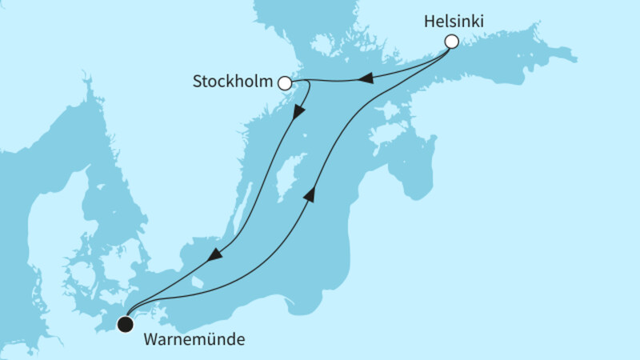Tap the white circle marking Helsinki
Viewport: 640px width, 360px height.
(x=452, y=41)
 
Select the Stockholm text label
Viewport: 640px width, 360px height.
(x=235, y=82)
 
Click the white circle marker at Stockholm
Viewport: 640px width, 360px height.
(x=285, y=82)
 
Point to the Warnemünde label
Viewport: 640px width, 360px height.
(x=194, y=338)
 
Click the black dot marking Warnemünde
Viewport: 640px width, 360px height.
(x=125, y=324)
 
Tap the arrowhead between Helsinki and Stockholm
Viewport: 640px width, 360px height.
(x=364, y=78)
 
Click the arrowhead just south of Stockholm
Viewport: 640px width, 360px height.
(x=298, y=112)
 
